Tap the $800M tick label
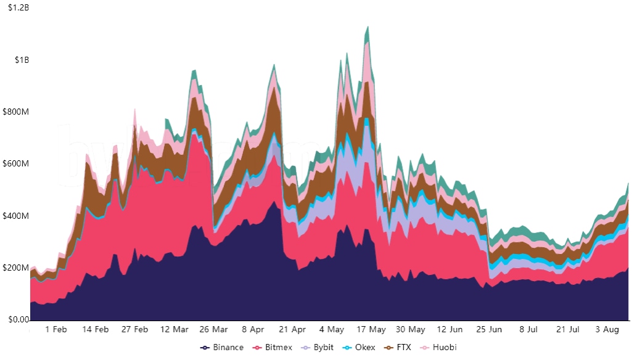tap(17, 112)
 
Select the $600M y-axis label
tap(17, 164)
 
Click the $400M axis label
tap(17, 216)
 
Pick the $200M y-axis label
tap(17, 268)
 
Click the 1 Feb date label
tap(56, 330)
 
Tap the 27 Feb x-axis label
tap(135, 330)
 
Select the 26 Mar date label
tap(214, 330)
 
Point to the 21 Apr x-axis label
tap(293, 330)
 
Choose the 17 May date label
tap(372, 330)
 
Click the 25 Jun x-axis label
tap(490, 330)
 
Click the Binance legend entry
tap(223, 348)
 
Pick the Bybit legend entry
tap(318, 348)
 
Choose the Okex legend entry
tap(360, 348)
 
